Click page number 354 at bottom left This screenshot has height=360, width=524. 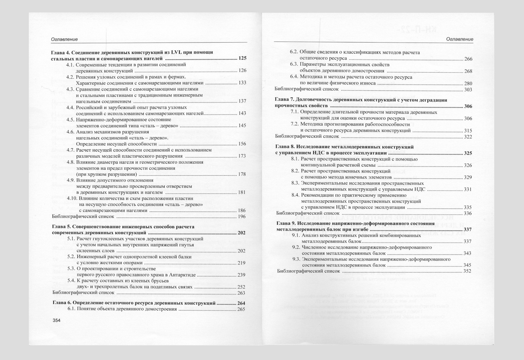pos(57,321)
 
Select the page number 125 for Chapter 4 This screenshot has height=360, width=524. pos(242,58)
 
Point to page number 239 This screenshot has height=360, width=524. pos(241,275)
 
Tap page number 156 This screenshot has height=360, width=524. pos(242,144)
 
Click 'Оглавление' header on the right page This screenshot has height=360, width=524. pos(459,39)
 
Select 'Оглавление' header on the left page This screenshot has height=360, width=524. pos(64,39)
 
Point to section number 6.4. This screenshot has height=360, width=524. pos(294,77)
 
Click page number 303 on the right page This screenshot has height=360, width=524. pos(468,89)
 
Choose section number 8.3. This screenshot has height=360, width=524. pos(295,183)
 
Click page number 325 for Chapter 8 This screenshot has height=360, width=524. pos(468,153)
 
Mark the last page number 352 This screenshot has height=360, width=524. pos(467,271)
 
